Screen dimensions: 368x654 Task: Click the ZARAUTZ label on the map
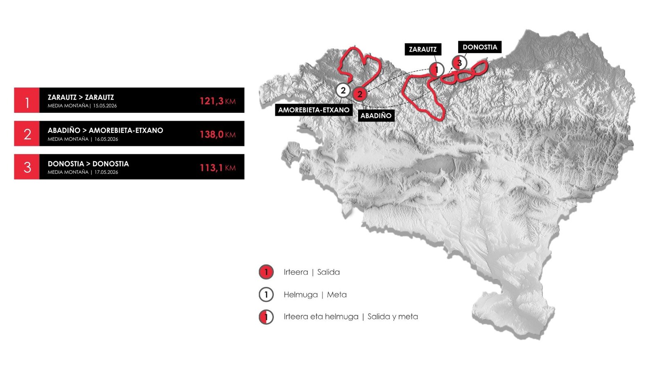423,49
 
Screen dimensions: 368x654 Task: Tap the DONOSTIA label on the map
480,47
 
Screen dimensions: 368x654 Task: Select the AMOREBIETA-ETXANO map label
314,110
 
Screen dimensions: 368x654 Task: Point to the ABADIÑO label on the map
376,115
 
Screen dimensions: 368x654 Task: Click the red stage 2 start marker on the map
360,94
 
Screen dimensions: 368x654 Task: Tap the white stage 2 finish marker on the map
343,90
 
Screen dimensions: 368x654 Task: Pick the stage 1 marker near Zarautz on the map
436,70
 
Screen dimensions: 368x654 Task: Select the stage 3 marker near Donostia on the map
459,63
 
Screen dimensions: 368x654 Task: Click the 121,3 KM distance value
217,101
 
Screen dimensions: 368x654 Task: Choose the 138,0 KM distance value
217,134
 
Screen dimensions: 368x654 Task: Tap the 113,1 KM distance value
217,168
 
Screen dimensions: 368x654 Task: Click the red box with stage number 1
27,100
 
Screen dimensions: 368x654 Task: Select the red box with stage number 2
27,134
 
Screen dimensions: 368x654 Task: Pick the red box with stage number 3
27,167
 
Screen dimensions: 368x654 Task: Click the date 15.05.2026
105,106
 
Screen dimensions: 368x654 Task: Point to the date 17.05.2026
106,172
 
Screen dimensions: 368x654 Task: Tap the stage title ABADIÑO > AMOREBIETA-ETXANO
105,130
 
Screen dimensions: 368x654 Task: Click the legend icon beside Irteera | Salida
266,272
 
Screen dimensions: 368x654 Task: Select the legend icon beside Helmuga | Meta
266,294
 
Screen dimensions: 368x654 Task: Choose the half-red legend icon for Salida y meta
266,316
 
